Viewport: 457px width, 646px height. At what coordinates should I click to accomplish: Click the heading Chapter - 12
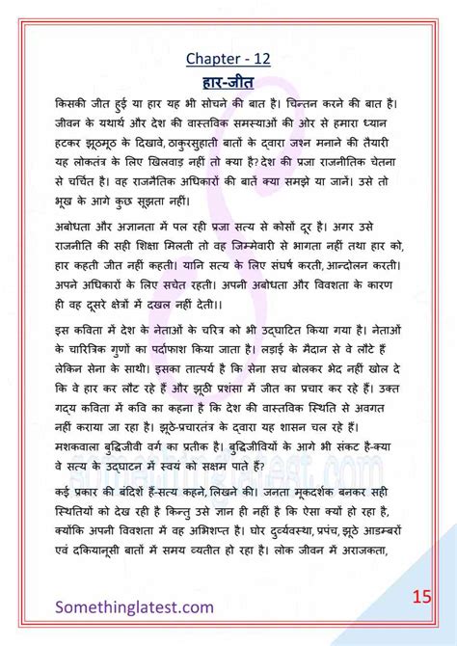(x=228, y=60)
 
